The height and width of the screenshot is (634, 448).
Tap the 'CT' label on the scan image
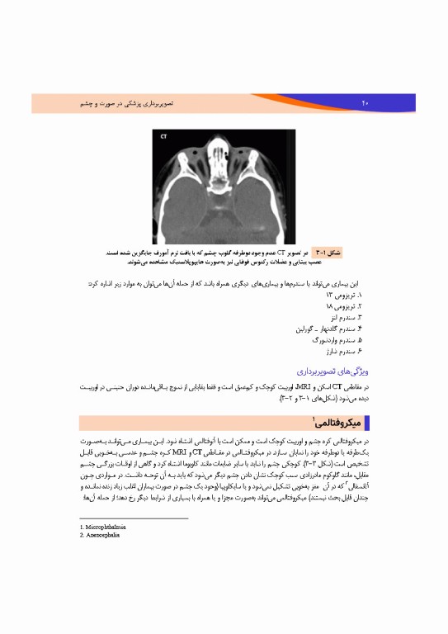pos(164,136)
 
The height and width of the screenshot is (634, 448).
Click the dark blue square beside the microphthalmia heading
pos(366,423)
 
